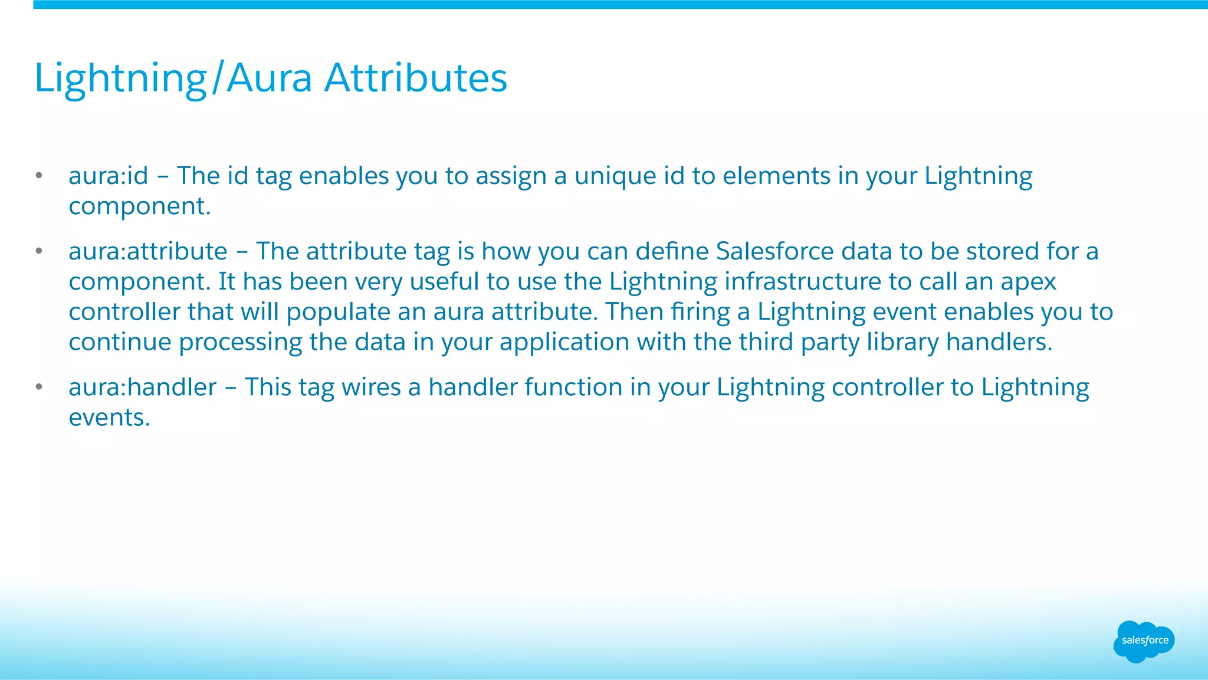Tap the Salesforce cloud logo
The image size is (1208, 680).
[x=1144, y=641]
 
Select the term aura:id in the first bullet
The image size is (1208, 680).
[x=109, y=176]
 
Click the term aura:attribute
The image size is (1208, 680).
[x=148, y=251]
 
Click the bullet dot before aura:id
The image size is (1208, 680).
[x=39, y=176]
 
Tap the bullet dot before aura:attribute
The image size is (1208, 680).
[x=39, y=251]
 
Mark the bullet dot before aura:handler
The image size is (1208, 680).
[x=39, y=387]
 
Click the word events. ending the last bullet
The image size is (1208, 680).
[x=110, y=418]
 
